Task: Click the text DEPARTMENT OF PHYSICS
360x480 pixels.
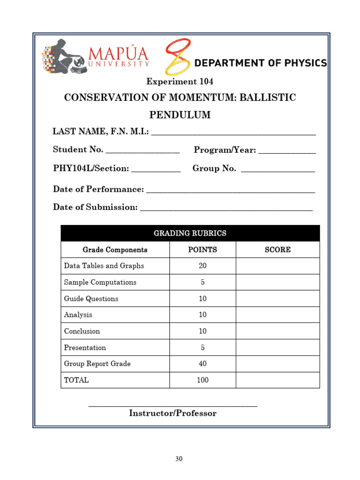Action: [261, 63]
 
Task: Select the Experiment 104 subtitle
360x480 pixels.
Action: [180, 82]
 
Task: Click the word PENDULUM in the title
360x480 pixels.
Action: [180, 115]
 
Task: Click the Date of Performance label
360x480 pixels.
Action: [98, 189]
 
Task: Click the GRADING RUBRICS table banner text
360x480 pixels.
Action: [190, 233]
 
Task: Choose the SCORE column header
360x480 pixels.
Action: [277, 250]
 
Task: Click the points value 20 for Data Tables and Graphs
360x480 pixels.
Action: [202, 266]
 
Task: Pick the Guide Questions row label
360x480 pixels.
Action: [91, 299]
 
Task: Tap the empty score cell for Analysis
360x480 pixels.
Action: [277, 315]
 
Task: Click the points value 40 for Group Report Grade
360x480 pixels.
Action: [202, 364]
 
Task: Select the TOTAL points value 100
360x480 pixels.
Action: [202, 380]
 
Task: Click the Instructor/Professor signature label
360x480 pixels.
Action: [172, 413]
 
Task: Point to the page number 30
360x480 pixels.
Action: [179, 459]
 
